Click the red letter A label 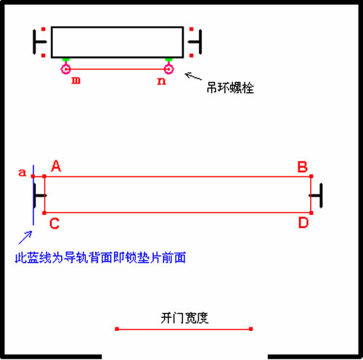(56, 166)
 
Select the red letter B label (302, 167)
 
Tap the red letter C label (54, 224)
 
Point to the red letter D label (303, 223)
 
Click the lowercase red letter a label (22, 173)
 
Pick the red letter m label (76, 80)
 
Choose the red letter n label (161, 81)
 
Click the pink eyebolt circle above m (65, 69)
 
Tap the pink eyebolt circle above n (168, 69)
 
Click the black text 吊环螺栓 (230, 88)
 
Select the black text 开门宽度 (184, 318)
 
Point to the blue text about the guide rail (100, 258)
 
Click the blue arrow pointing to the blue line (25, 237)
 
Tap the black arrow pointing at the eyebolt (193, 76)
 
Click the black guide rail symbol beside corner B (316, 195)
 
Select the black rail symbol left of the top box (39, 42)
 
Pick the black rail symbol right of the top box (195, 42)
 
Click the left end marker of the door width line (117, 329)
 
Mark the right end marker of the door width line (251, 329)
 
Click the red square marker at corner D (311, 213)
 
